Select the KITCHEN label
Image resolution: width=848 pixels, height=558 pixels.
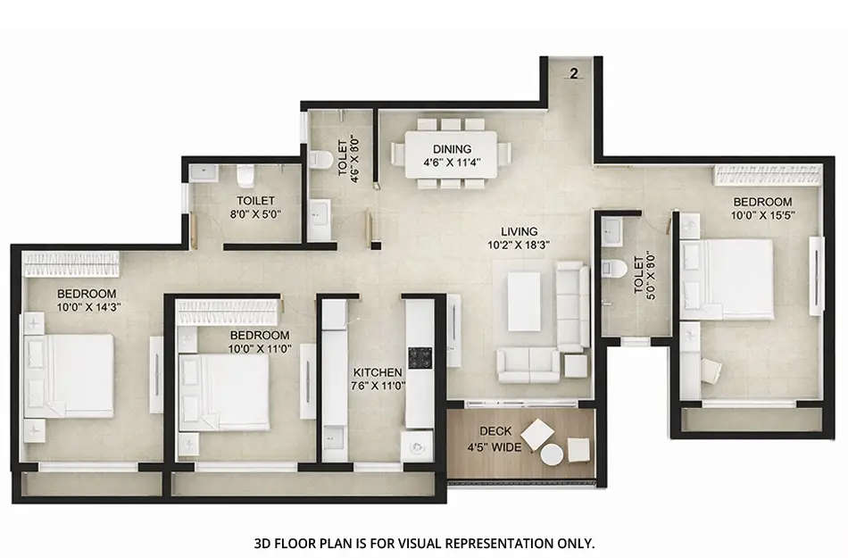377,371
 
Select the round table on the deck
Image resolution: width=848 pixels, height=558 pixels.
553,454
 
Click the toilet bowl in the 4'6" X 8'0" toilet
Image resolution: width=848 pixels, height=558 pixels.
320,160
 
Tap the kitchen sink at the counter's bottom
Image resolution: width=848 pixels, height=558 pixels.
418,445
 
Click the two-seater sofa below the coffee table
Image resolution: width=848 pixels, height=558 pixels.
528,363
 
